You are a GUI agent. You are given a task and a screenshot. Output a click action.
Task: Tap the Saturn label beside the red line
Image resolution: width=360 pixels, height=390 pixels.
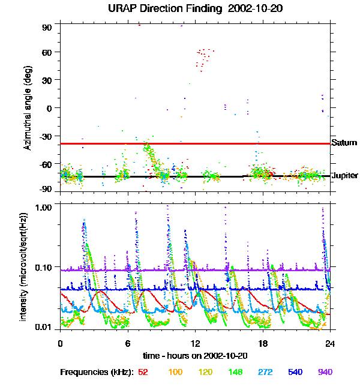(x=344, y=143)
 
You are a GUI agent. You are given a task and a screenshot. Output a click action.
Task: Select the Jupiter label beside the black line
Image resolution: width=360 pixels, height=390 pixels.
(x=345, y=176)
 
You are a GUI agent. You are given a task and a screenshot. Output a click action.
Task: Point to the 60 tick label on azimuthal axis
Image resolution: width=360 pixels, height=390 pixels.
(x=47, y=52)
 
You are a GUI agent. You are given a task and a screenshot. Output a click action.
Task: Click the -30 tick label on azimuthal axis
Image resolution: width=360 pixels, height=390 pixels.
(x=46, y=137)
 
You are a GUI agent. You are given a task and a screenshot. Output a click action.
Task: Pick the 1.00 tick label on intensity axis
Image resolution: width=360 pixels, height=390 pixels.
(x=43, y=208)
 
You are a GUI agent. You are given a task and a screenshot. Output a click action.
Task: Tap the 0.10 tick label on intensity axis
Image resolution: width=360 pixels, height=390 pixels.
(x=43, y=268)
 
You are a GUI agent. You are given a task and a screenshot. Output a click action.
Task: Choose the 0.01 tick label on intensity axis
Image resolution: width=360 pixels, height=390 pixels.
(x=43, y=327)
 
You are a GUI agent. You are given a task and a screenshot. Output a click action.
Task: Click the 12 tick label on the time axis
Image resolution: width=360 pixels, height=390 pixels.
(x=196, y=344)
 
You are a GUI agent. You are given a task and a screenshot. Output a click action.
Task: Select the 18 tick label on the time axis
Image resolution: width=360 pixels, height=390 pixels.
(x=263, y=344)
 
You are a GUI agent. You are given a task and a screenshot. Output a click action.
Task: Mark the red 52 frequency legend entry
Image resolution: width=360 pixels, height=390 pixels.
(x=143, y=372)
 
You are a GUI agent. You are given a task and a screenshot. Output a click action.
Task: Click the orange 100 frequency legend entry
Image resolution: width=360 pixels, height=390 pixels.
(x=175, y=372)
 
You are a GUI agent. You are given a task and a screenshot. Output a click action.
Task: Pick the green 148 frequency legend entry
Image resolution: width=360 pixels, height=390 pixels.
(x=235, y=372)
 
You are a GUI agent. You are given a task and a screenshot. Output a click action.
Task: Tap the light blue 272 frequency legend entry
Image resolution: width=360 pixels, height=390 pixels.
(x=265, y=372)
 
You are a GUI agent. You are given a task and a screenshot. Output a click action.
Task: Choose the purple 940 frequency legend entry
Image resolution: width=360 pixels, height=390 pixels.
(x=325, y=372)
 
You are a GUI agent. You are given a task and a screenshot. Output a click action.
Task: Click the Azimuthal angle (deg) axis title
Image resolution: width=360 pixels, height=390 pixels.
(x=28, y=108)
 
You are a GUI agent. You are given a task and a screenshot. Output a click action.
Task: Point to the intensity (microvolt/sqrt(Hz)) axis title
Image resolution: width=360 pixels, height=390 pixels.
(x=23, y=267)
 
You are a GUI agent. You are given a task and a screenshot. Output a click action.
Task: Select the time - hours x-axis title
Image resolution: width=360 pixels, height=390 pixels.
(x=195, y=356)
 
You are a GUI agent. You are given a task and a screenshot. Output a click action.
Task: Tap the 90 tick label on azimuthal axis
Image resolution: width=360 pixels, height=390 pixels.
(x=47, y=28)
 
